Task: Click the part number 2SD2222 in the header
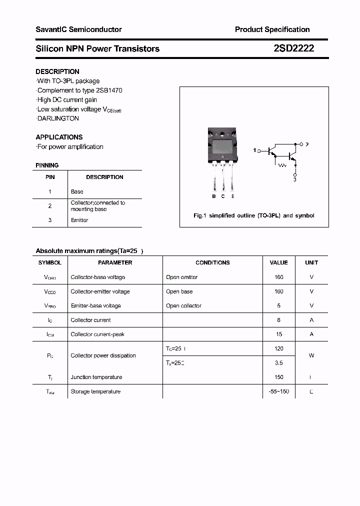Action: [293, 48]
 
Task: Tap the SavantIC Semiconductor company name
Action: [78, 29]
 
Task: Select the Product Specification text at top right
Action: [272, 29]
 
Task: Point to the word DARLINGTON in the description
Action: [58, 118]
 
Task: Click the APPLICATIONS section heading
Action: [59, 137]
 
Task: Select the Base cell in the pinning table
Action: [77, 191]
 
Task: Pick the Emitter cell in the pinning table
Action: [79, 220]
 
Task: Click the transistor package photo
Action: [221, 147]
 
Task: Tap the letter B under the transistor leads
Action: [214, 196]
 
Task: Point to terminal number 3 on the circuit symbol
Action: [295, 179]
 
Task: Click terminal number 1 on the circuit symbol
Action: [254, 150]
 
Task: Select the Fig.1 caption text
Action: [254, 215]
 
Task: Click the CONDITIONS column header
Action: [212, 262]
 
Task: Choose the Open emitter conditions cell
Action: [181, 277]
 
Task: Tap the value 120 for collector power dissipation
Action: [278, 348]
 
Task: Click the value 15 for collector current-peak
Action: [278, 334]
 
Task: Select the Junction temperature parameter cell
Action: [96, 377]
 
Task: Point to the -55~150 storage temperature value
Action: [278, 391]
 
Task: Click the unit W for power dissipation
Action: [311, 355]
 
